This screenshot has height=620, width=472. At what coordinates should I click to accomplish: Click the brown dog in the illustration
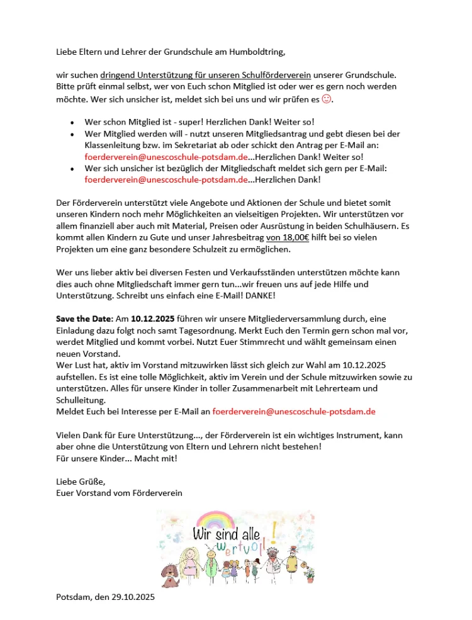click(169, 572)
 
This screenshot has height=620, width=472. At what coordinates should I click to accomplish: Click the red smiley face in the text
click(326, 99)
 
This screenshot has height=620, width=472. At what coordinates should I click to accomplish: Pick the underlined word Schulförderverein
click(274, 75)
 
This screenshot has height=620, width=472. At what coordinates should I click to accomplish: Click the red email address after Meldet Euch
click(294, 411)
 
